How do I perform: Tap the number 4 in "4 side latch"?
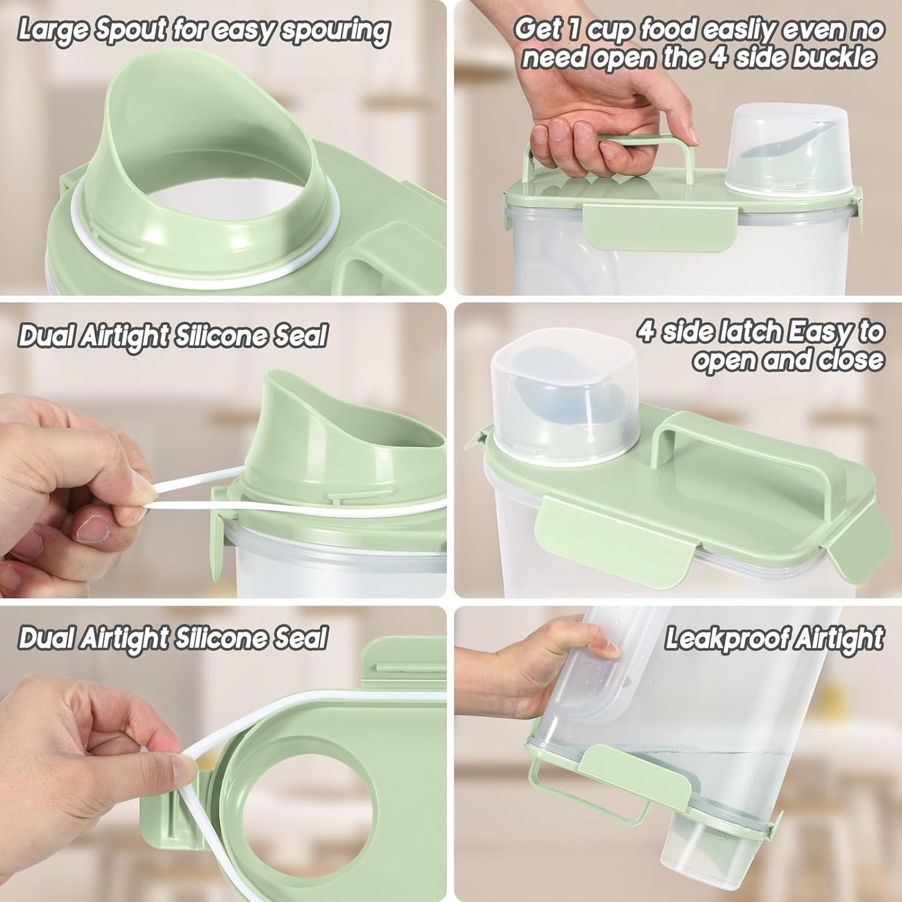click(647, 331)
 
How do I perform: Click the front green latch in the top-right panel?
click(660, 220)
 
